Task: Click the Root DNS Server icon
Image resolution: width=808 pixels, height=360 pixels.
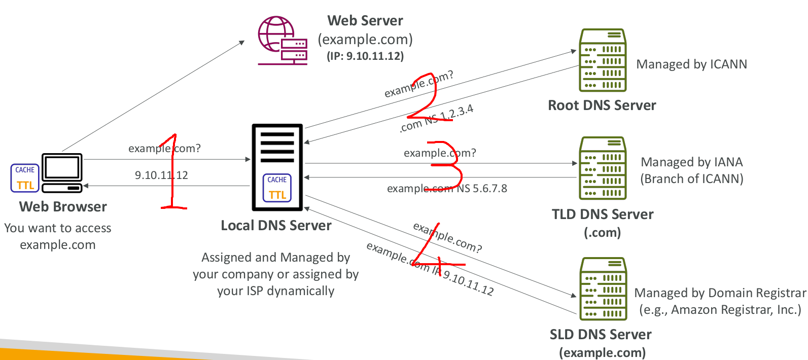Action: (603, 60)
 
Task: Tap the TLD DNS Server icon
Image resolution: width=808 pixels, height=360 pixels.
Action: (603, 168)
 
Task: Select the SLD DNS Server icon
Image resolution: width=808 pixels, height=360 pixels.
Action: (603, 289)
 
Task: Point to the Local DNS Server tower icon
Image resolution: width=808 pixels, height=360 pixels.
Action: (277, 167)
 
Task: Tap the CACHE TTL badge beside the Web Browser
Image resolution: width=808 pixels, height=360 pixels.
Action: (25, 178)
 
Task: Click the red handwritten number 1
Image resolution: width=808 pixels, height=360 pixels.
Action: (172, 172)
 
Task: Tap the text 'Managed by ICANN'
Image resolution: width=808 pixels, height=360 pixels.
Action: (691, 64)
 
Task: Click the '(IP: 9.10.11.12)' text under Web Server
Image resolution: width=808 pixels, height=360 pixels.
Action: (365, 56)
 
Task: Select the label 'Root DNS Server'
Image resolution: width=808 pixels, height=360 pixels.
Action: (602, 105)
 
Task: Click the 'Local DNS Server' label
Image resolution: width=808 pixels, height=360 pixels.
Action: (276, 226)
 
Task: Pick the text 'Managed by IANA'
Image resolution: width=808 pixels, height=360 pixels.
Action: (692, 162)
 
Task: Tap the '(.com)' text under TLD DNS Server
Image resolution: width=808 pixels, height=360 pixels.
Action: (603, 233)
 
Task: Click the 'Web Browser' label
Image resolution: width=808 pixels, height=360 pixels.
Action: (63, 207)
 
